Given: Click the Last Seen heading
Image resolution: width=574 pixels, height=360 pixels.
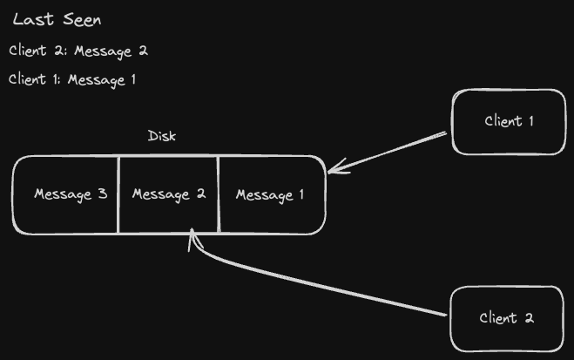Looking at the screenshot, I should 57,21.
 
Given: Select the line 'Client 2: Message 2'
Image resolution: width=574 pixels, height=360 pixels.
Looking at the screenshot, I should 78,51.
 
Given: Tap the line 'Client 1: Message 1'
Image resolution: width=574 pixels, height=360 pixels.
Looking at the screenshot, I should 72,80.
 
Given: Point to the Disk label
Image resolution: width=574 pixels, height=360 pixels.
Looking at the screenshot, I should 162,136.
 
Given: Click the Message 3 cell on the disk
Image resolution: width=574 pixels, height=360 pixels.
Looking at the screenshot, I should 70,194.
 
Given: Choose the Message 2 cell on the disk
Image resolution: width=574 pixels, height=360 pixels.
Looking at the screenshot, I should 168,194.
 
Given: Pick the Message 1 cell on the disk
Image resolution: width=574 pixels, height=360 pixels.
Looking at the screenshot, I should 270,194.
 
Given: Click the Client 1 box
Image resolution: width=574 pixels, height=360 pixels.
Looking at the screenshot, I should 509,122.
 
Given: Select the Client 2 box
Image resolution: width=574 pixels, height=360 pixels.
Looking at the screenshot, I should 507,318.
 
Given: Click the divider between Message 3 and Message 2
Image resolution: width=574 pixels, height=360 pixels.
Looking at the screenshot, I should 118,194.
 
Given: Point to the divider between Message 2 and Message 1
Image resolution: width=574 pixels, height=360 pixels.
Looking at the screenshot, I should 218,194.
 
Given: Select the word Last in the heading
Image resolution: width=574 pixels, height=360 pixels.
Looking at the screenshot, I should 30,21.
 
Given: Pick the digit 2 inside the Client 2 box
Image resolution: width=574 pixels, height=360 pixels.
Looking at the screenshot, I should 529,318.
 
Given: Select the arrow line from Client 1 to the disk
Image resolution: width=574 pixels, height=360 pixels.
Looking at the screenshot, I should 392,151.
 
